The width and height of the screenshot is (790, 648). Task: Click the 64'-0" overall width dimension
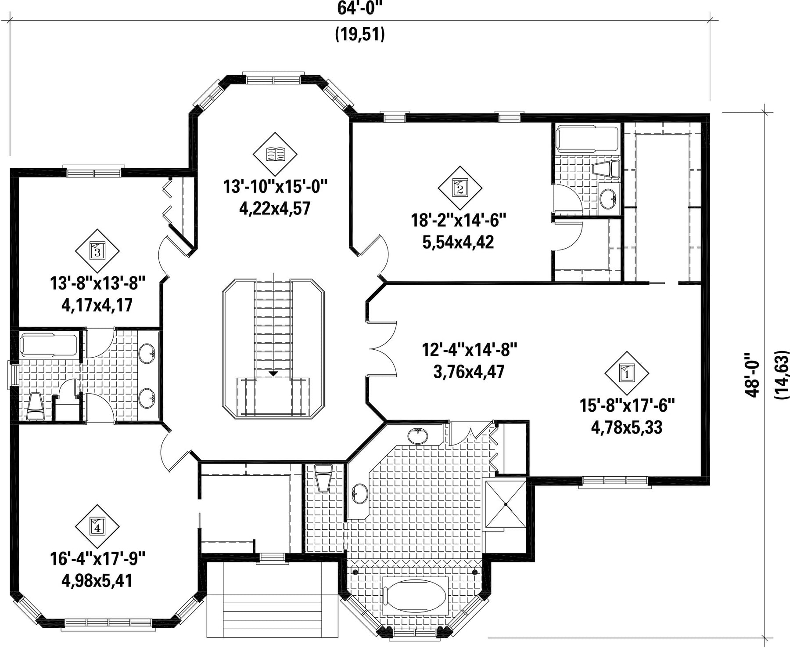click(360, 7)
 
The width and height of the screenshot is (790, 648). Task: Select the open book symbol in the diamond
click(275, 154)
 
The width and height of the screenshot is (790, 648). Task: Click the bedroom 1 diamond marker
click(626, 373)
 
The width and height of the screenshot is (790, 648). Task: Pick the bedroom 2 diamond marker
click(460, 188)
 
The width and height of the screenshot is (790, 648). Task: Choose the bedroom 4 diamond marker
click(97, 525)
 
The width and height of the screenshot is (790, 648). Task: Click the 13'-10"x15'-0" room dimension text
click(276, 187)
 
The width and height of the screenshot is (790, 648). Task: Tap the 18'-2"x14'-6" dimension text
click(459, 220)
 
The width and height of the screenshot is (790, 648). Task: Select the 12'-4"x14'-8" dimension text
click(470, 350)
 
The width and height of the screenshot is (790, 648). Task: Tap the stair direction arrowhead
click(273, 374)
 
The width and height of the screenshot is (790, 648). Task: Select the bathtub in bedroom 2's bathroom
click(587, 138)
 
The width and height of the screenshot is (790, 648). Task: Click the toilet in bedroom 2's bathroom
click(606, 169)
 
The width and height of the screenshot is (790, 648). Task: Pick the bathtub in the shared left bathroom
click(49, 345)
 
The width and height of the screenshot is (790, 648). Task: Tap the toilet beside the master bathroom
click(324, 478)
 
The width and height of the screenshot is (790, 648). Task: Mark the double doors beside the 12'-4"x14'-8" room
click(384, 349)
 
